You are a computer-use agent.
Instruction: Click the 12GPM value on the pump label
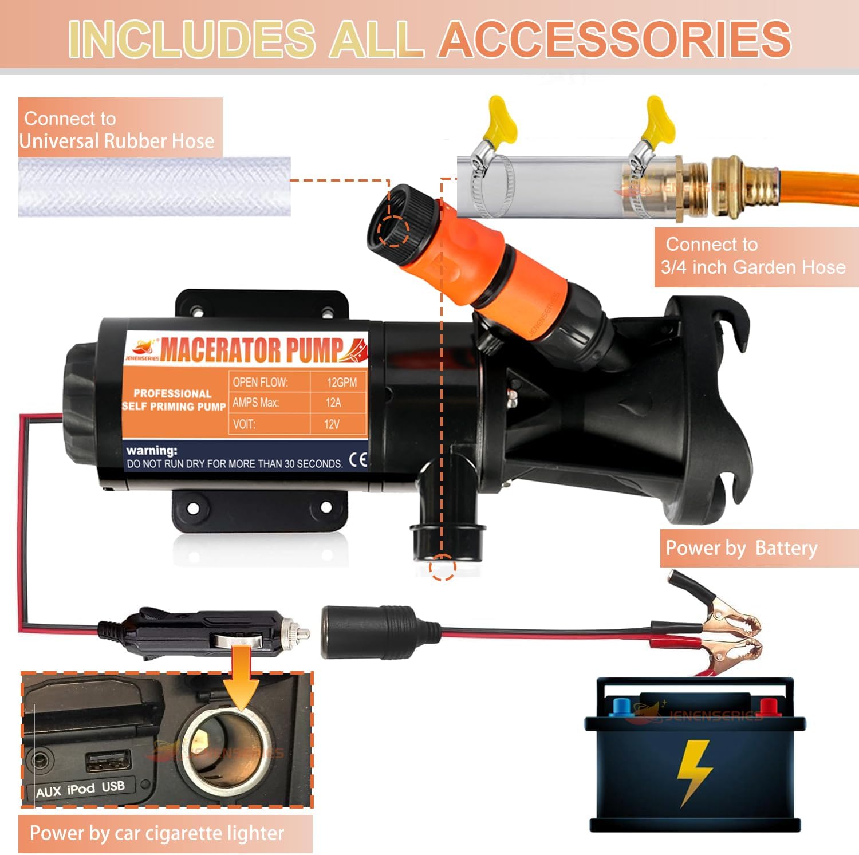pyautogui.click(x=341, y=383)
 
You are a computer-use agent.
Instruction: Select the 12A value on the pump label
pyautogui.click(x=333, y=403)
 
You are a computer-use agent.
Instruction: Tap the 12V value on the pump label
pyautogui.click(x=332, y=424)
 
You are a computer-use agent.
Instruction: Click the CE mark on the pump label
pyautogui.click(x=358, y=460)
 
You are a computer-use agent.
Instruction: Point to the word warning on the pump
pyautogui.click(x=152, y=451)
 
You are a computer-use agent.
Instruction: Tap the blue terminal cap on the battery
pyautogui.click(x=621, y=707)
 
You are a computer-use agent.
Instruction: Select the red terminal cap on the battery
pyautogui.click(x=767, y=707)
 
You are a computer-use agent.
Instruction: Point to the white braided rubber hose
pyautogui.click(x=154, y=187)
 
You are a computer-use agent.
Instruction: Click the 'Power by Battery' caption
pyautogui.click(x=742, y=548)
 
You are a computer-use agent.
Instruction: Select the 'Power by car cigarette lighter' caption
pyautogui.click(x=157, y=833)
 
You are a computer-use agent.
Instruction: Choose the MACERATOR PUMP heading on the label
pyautogui.click(x=252, y=350)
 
